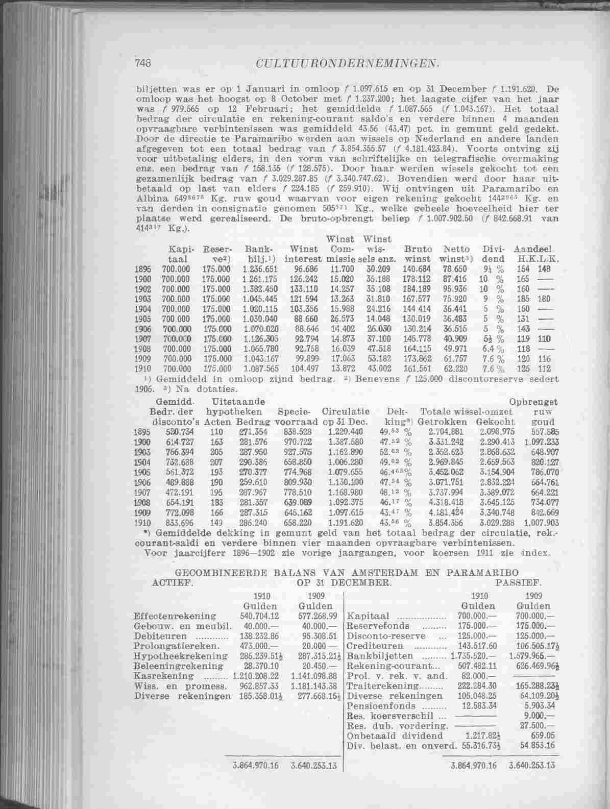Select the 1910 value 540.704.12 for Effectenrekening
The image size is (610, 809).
tap(254, 616)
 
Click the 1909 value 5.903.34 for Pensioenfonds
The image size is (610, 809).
tap(536, 705)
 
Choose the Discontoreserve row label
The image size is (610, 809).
tap(378, 636)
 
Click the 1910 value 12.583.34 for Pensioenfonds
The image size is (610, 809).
tap(478, 705)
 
